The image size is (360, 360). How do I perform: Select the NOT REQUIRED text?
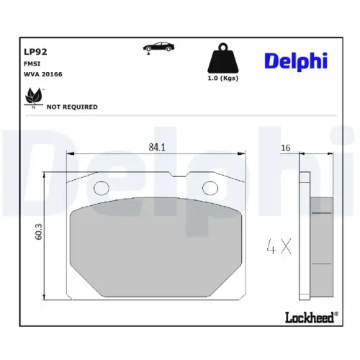click(x=72, y=107)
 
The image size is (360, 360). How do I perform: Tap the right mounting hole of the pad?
click(x=210, y=189)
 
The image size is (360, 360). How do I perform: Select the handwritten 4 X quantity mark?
click(x=277, y=248)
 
